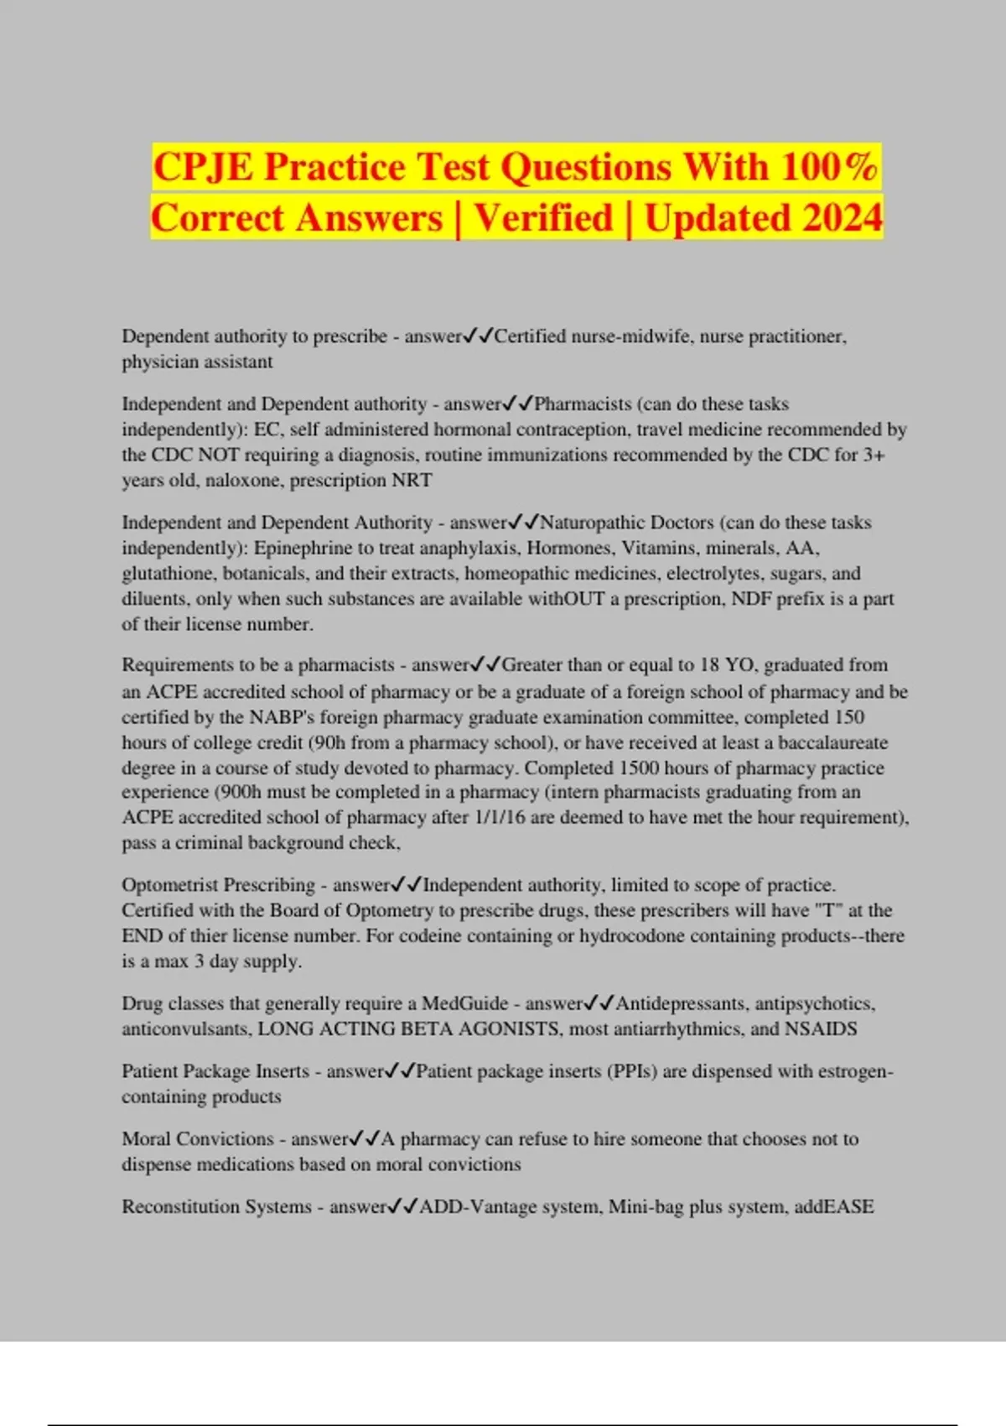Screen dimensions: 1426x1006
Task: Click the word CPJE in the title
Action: (x=203, y=166)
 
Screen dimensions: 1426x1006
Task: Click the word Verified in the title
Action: (x=543, y=218)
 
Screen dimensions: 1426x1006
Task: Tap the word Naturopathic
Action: (x=593, y=523)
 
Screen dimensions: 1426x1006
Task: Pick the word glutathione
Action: (x=169, y=574)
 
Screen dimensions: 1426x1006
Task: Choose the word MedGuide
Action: (x=465, y=1004)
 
